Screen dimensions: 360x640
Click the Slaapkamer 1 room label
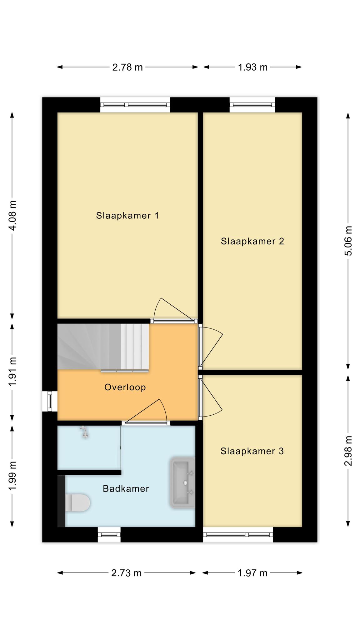pos(127,216)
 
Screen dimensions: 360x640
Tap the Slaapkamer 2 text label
pos(252,241)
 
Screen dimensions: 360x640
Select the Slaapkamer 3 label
pos(252,451)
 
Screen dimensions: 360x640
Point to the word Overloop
pos(125,387)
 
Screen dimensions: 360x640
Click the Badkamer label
pos(126,489)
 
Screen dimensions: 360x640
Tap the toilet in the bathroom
pos(77,502)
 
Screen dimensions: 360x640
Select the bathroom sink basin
pos(182,482)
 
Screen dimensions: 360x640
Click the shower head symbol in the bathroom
pos(84,432)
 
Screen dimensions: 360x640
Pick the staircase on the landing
pos(103,347)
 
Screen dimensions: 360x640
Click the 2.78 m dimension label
pos(127,67)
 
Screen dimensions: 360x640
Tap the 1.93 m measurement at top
pos(253,67)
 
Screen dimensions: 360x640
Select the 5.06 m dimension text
pos(348,241)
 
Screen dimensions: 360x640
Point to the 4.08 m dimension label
pos(12,215)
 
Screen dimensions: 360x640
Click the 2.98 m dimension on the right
pos(348,451)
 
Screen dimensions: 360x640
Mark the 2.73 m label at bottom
pos(127,573)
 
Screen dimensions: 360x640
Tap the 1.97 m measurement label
pos(252,573)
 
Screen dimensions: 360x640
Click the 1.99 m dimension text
pos(12,476)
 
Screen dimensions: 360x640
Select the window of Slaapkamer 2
pos(252,105)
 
